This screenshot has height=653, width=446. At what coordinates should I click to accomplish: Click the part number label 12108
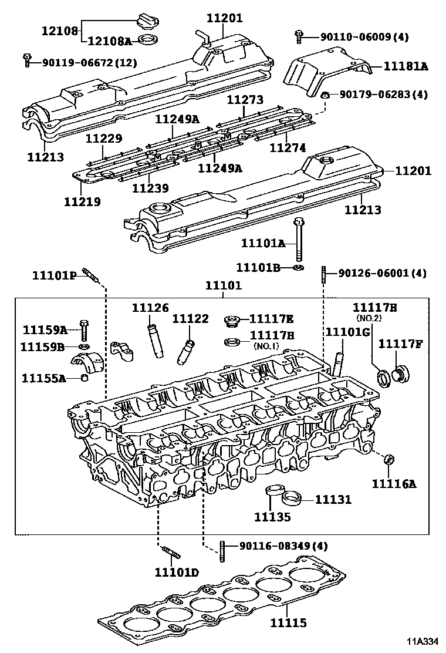59,29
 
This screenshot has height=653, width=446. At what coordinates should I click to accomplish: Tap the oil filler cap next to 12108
144,21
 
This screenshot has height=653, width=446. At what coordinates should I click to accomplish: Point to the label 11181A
406,67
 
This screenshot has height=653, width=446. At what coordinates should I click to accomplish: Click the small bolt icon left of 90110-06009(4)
299,37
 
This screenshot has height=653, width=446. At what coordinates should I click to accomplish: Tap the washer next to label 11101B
299,268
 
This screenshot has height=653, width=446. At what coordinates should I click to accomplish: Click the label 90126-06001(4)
382,273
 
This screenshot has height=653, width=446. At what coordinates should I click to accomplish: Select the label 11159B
42,346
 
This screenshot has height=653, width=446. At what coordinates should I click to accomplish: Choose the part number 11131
333,500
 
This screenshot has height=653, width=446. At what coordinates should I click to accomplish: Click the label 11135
272,517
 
